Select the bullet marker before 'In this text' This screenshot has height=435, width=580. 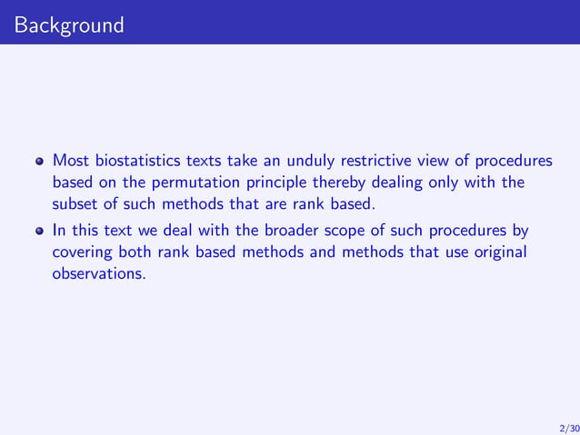point(38,231)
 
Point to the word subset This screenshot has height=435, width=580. point(75,203)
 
